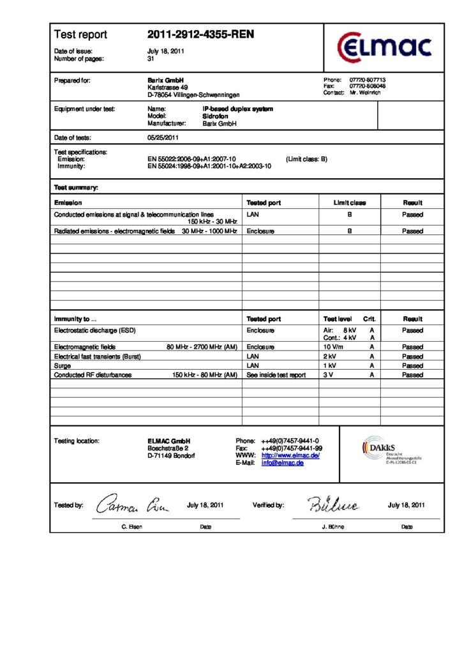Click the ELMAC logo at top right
pos(384,47)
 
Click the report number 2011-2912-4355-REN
pos(200,34)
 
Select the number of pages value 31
pos(151,59)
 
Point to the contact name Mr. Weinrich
pos(365,93)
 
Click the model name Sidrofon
pos(215,117)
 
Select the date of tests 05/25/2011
pos(163,137)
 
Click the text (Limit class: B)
pos(306,159)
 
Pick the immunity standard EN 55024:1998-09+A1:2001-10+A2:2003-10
pos(209,166)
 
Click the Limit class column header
pos(350,202)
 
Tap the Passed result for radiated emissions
pos(412,231)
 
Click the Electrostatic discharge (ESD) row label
pos(95,330)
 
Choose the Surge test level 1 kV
pos(329,365)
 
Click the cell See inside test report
pos(276,375)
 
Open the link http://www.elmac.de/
pos(290,455)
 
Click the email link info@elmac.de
pos(282,463)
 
